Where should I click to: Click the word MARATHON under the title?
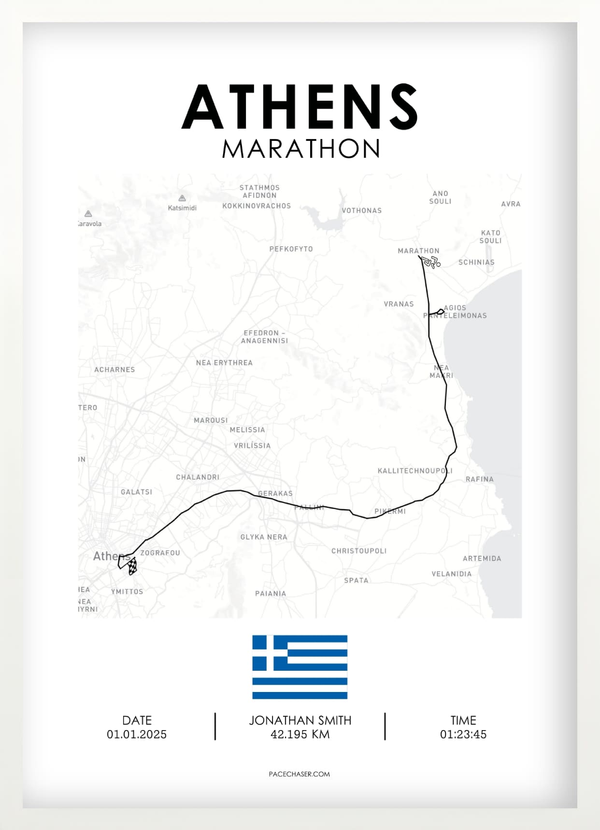click(301, 149)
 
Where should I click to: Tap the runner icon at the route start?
click(430, 262)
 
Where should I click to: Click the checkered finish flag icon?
click(132, 567)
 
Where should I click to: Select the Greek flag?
click(300, 667)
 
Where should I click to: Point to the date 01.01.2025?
click(137, 734)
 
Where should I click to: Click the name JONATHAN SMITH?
click(300, 720)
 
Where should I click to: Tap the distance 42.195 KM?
click(300, 734)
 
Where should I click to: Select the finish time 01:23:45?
click(463, 734)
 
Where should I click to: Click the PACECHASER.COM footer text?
click(300, 774)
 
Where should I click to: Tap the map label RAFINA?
click(479, 479)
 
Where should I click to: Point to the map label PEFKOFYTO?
click(291, 249)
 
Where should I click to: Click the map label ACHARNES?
click(114, 370)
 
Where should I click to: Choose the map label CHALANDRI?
click(198, 477)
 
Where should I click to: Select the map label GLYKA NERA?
click(264, 537)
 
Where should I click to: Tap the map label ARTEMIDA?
click(482, 558)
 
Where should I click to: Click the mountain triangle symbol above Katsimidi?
click(182, 198)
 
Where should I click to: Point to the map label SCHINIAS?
click(476, 263)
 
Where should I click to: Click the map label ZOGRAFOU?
click(160, 553)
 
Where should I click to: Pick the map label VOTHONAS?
click(362, 210)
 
